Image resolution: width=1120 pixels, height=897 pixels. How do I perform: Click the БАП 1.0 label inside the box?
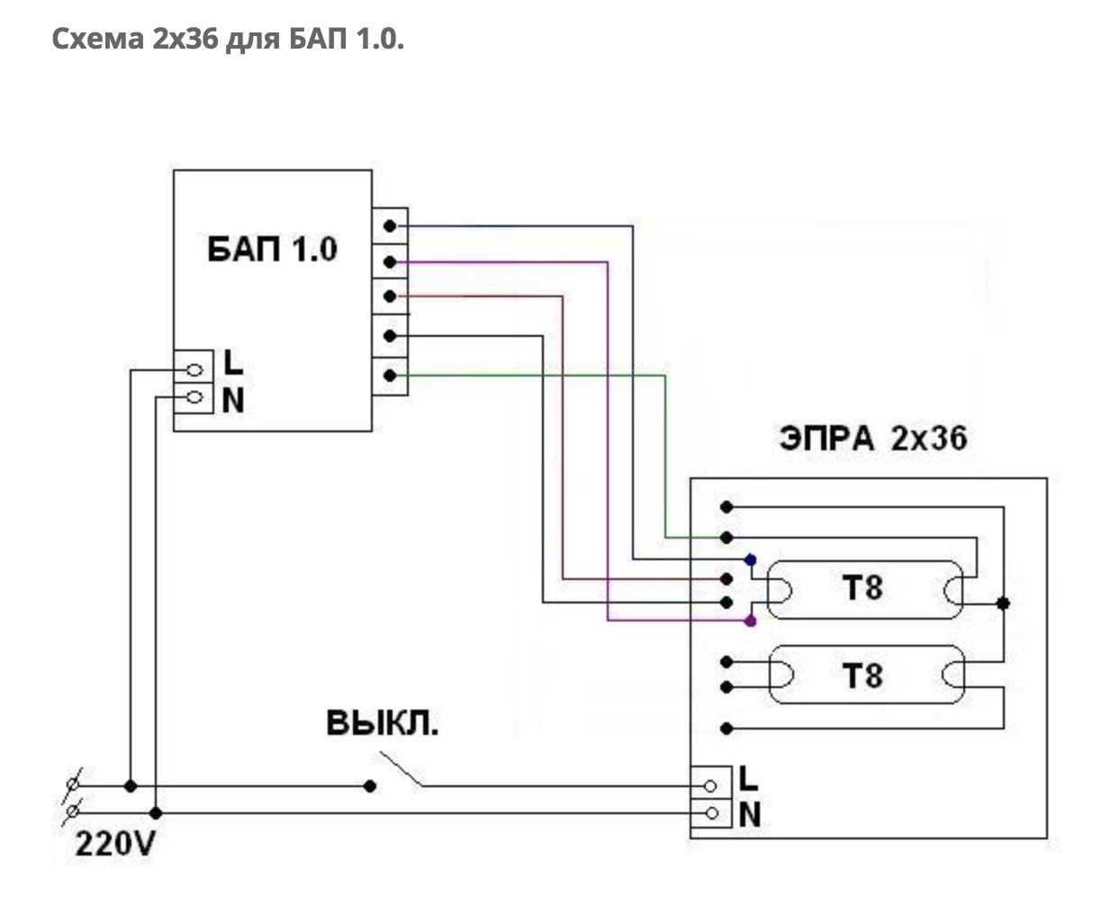(x=272, y=249)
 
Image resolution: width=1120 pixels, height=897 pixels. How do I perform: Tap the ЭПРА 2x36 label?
(x=872, y=439)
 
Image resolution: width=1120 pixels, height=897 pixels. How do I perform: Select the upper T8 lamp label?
(x=863, y=588)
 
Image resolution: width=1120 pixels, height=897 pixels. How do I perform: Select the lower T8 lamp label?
(x=863, y=675)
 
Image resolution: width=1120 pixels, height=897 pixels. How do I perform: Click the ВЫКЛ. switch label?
(x=383, y=723)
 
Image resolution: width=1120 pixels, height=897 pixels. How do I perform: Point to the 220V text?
(x=114, y=845)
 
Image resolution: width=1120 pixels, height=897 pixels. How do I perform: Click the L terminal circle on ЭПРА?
(x=710, y=786)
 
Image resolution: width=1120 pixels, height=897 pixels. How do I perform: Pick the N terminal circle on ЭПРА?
(x=712, y=814)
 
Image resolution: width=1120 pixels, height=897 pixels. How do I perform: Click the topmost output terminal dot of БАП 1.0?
(x=390, y=224)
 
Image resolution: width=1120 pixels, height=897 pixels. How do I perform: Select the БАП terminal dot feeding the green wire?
(x=390, y=375)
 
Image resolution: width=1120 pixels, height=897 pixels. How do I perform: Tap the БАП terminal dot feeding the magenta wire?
(x=390, y=262)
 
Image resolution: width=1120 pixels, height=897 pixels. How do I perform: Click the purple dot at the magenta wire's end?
(x=751, y=621)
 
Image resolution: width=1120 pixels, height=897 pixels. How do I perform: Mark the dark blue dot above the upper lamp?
(x=750, y=560)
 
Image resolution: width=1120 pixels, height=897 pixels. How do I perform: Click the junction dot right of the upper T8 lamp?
(x=1003, y=603)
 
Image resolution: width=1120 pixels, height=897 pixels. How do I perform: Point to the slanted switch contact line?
(x=401, y=768)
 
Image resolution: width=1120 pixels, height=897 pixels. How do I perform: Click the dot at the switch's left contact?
(x=369, y=786)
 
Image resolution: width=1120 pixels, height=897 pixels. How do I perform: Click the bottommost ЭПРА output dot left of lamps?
(x=727, y=728)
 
